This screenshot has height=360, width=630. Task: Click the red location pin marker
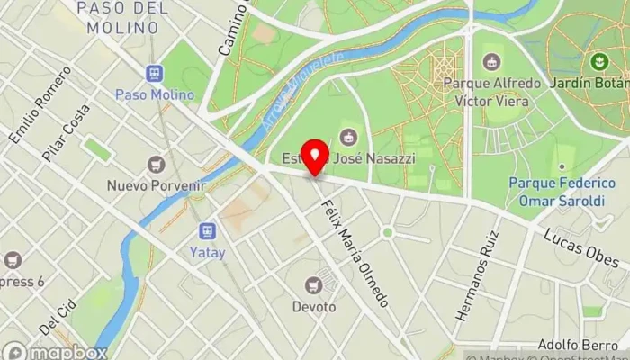[x=314, y=157]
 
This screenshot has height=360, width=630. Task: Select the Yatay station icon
[x=208, y=230]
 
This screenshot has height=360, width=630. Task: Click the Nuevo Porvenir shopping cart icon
[x=157, y=165]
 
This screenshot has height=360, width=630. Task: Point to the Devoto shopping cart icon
[x=313, y=284]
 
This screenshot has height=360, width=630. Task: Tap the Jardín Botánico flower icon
[x=596, y=61]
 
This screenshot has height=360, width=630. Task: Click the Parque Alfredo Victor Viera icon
[x=491, y=61]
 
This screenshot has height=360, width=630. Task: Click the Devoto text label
[x=313, y=307]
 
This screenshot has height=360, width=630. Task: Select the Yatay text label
[x=208, y=253]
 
